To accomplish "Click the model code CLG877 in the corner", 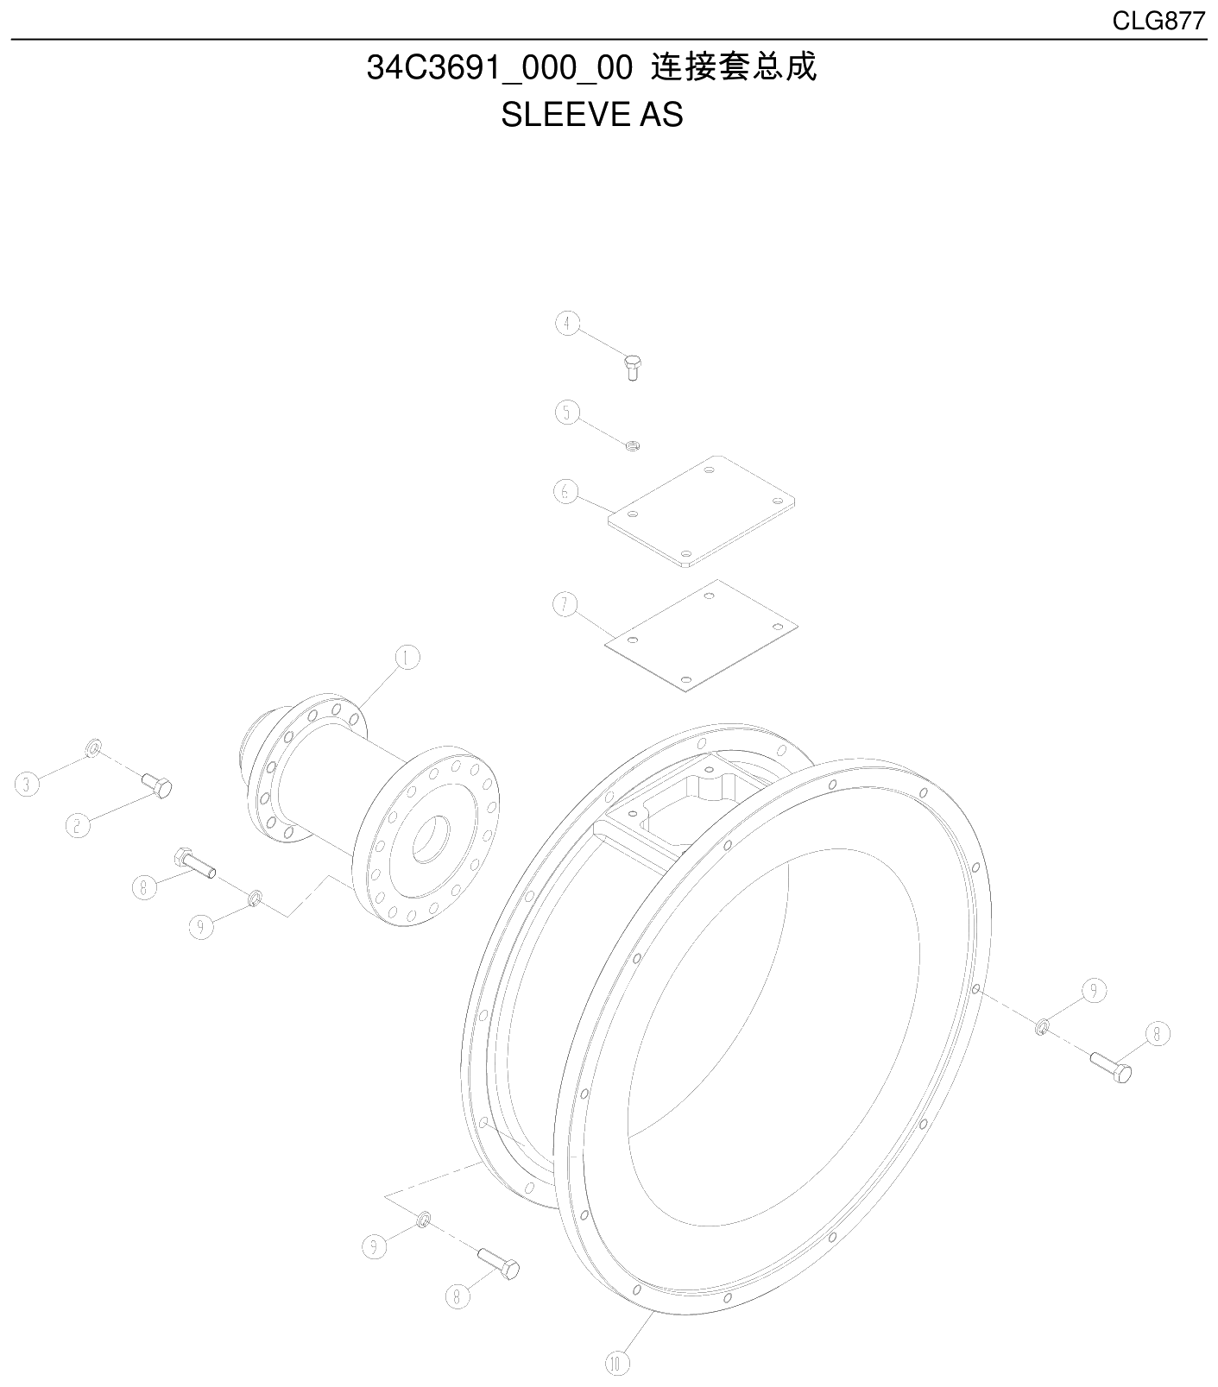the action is (x=1158, y=22).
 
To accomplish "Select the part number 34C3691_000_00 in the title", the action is (x=500, y=68).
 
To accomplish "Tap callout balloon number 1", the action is (x=407, y=658).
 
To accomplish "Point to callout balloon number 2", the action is (x=78, y=826).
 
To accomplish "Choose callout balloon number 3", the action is (x=28, y=785).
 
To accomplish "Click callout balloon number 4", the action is (x=566, y=323).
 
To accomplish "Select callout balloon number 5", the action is (x=566, y=413).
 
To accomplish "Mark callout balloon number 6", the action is (x=565, y=492).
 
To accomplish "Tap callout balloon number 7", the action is (x=565, y=605).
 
